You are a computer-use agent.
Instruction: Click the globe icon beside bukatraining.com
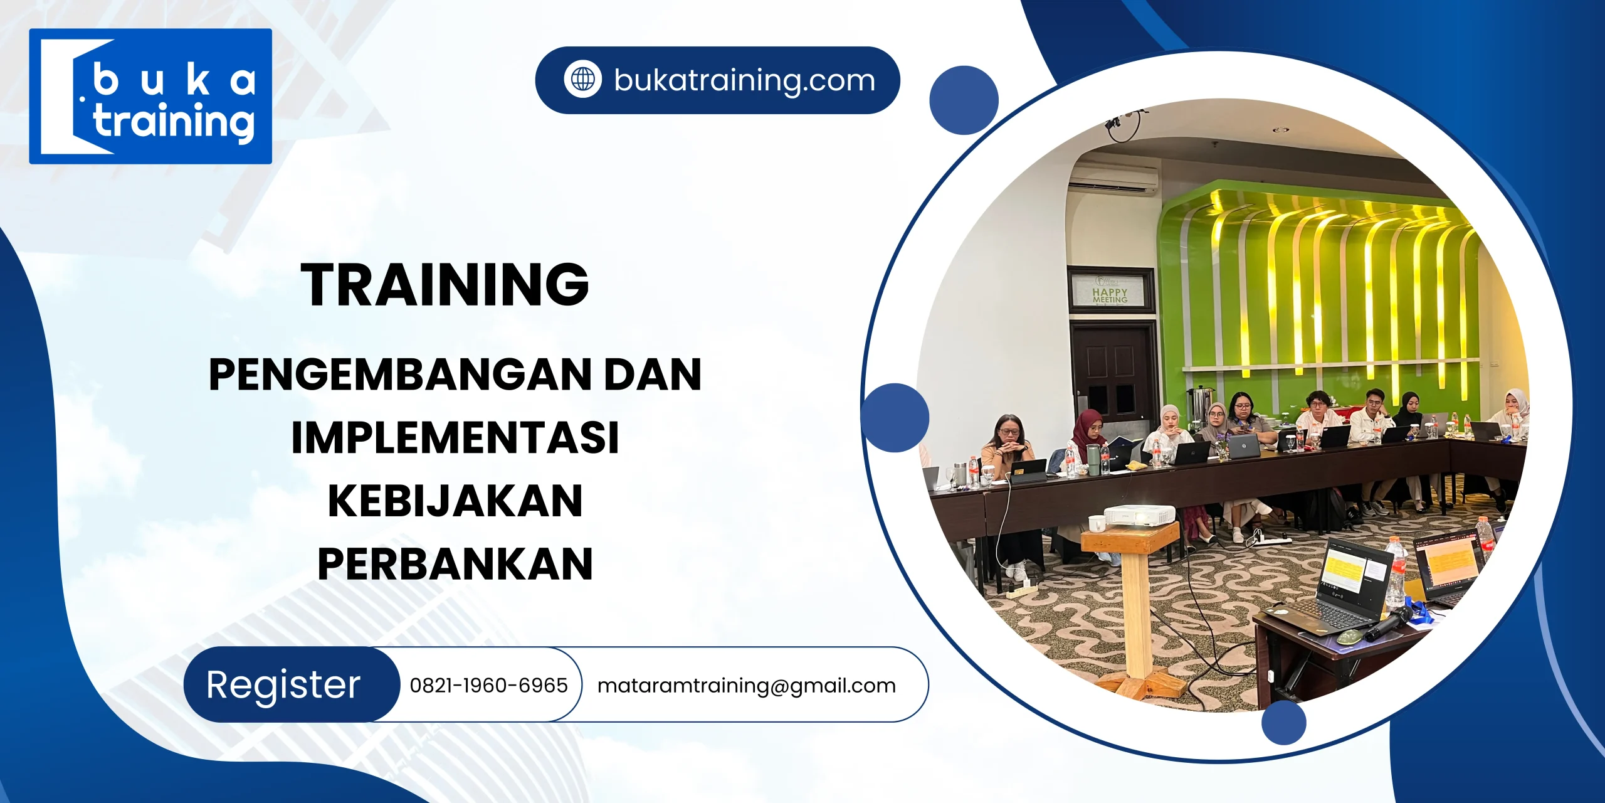[x=582, y=80]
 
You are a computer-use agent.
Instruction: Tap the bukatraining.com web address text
[x=744, y=80]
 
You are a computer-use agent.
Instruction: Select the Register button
[x=284, y=684]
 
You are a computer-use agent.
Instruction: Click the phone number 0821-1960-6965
[x=488, y=685]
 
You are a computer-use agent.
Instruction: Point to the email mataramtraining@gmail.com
[x=746, y=685]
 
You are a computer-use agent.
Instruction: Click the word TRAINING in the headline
[x=445, y=285]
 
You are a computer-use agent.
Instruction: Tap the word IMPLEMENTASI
[x=455, y=438]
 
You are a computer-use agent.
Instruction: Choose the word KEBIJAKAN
[x=455, y=501]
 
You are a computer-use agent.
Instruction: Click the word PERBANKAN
[x=455, y=564]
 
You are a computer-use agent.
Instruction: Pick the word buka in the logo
[x=174, y=81]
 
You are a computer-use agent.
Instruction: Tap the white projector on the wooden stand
[x=1139, y=515]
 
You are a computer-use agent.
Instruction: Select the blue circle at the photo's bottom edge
[x=1283, y=723]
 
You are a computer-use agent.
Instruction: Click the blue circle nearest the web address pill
[x=964, y=100]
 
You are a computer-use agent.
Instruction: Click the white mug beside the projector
[x=1096, y=523]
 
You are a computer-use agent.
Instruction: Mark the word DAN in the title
[x=652, y=375]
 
